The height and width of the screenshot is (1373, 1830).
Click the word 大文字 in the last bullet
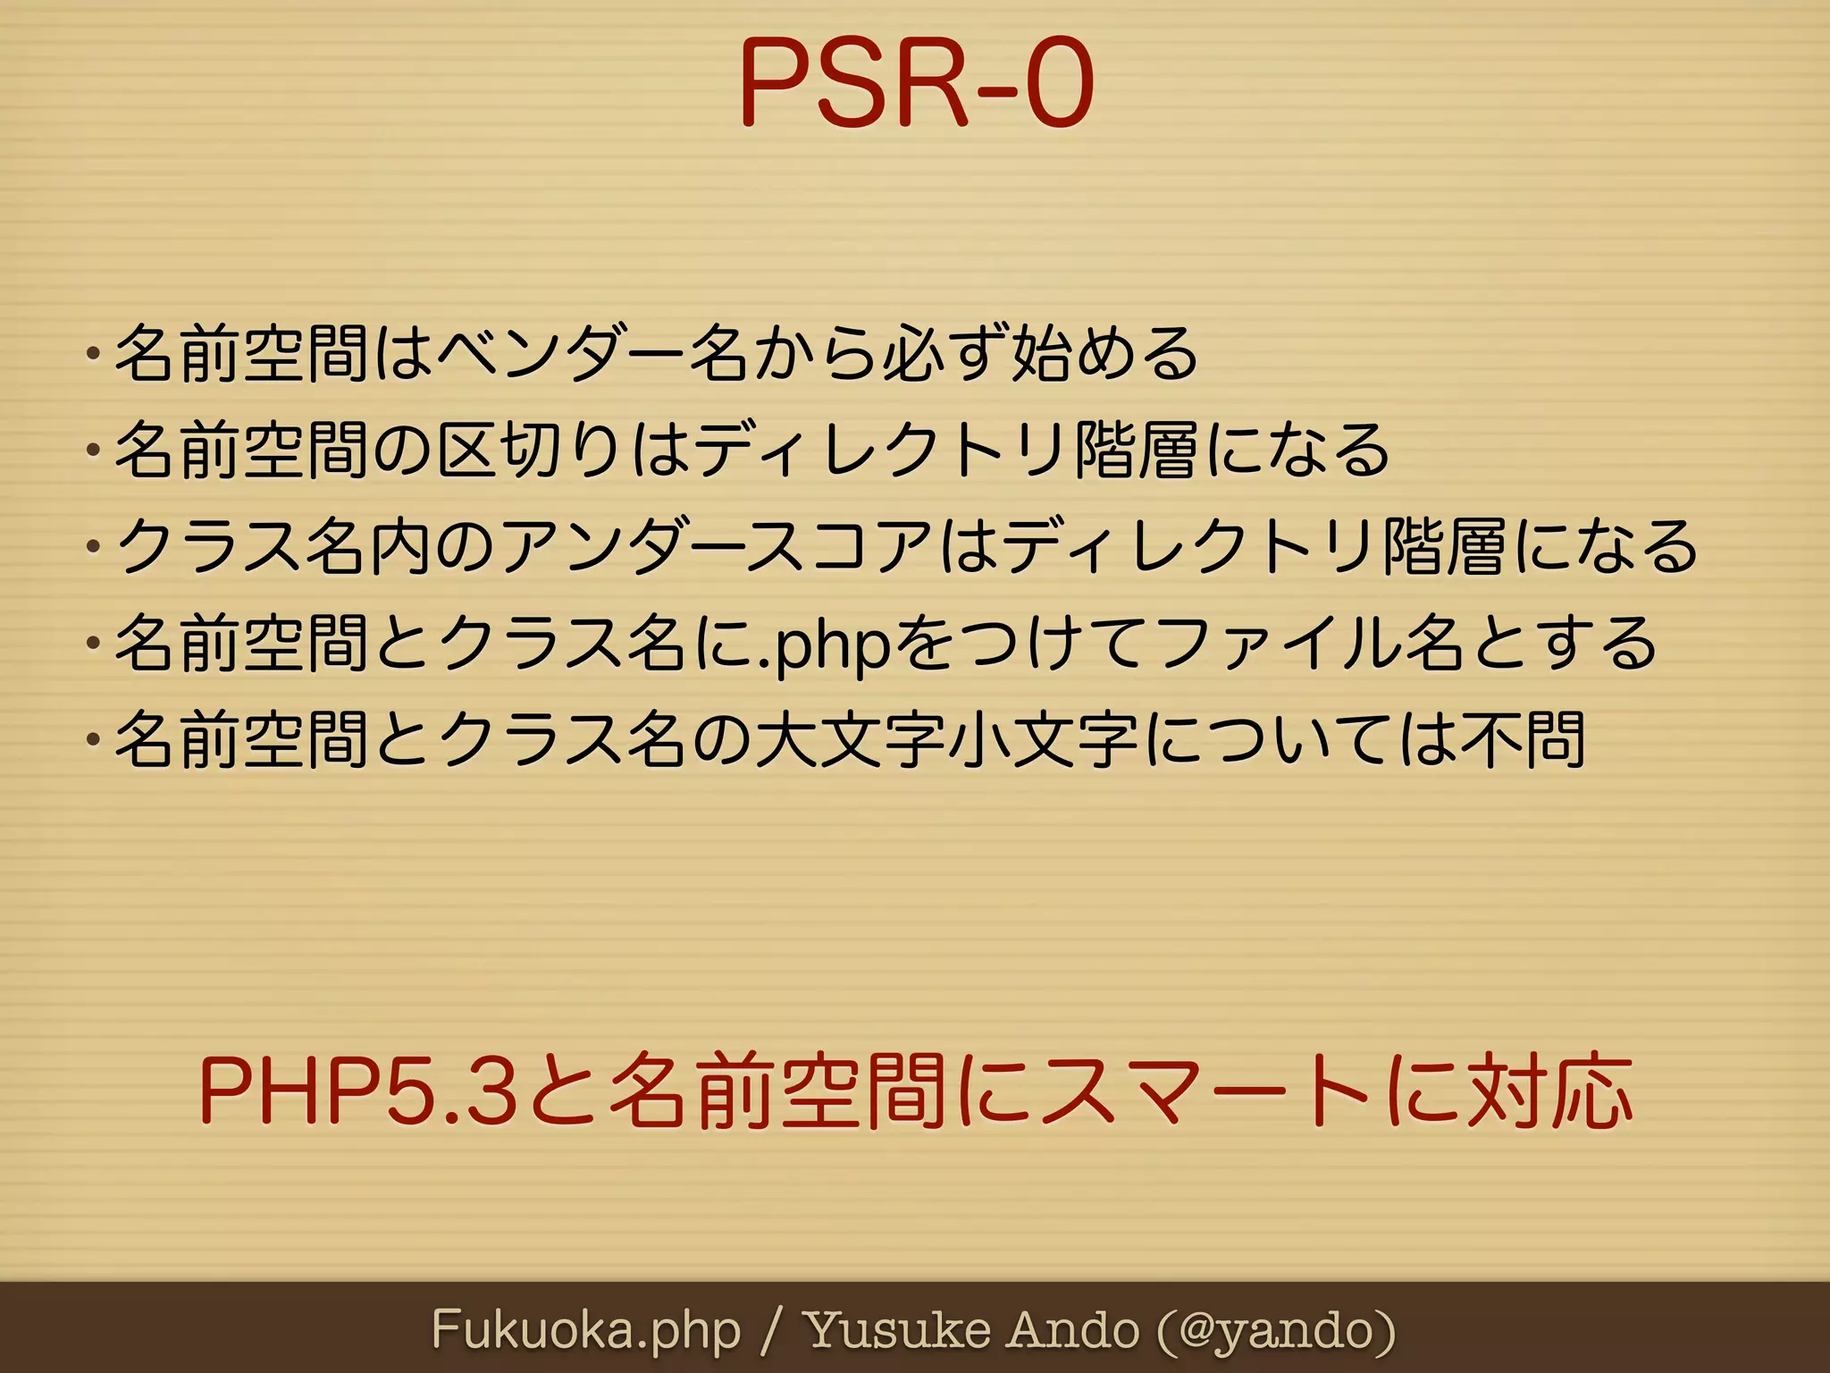pyautogui.click(x=850, y=740)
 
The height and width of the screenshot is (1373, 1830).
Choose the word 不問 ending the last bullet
pyautogui.click(x=1524, y=740)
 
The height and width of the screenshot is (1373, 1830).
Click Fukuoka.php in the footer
pyautogui.click(x=586, y=1331)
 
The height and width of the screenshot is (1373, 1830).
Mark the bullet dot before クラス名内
pyautogui.click(x=92, y=546)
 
